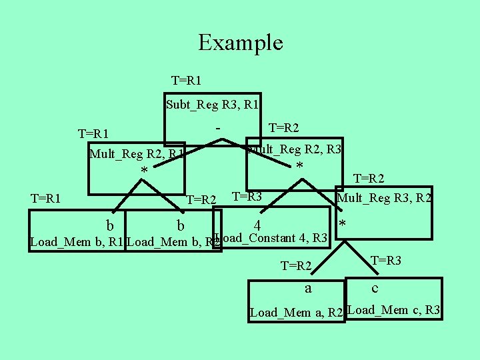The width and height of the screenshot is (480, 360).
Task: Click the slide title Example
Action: click(240, 43)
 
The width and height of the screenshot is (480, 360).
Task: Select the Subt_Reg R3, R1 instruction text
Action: click(212, 104)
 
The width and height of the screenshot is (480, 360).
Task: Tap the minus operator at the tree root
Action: click(218, 126)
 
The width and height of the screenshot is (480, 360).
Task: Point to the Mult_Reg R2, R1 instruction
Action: click(137, 155)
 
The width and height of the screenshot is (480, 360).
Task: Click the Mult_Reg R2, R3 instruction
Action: click(295, 150)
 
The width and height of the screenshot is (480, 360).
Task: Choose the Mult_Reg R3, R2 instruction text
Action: click(384, 197)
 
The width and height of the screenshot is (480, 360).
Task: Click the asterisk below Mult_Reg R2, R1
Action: click(144, 171)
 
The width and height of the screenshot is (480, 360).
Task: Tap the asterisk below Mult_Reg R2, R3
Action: click(299, 166)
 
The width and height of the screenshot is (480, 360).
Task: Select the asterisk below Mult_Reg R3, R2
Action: click(343, 224)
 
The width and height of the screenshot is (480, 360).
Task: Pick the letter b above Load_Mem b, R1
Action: click(109, 225)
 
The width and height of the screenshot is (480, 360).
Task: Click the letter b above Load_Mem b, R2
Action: click(180, 225)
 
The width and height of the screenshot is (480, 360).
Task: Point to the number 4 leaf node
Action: click(257, 227)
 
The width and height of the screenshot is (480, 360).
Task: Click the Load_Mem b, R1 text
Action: click(77, 242)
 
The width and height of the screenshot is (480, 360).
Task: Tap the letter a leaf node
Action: click(307, 289)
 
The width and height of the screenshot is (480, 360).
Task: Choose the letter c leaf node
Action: click(375, 288)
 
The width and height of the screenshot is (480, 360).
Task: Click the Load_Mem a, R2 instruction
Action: click(296, 312)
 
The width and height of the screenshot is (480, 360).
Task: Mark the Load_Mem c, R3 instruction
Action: click(394, 309)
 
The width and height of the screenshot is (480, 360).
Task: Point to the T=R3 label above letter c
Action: click(385, 260)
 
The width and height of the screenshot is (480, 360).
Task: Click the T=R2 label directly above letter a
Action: click(297, 266)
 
